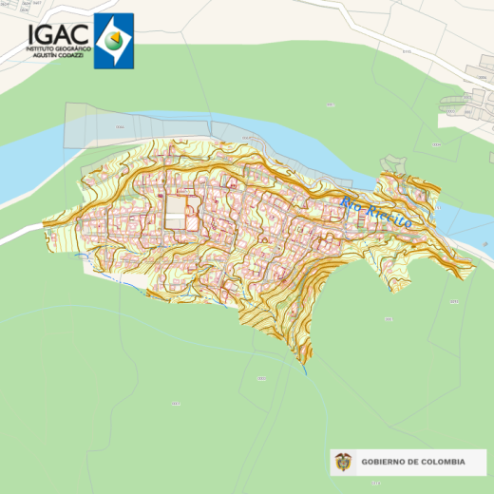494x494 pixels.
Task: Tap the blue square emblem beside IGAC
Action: click(x=113, y=42)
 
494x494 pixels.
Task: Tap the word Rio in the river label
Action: click(x=351, y=204)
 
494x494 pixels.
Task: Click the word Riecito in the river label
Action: click(x=389, y=217)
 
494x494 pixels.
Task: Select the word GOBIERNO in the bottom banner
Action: click(x=385, y=463)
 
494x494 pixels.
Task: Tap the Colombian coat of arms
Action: click(x=344, y=463)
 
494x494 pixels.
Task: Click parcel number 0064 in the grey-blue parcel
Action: click(x=121, y=126)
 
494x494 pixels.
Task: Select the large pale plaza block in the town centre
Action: click(x=177, y=212)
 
